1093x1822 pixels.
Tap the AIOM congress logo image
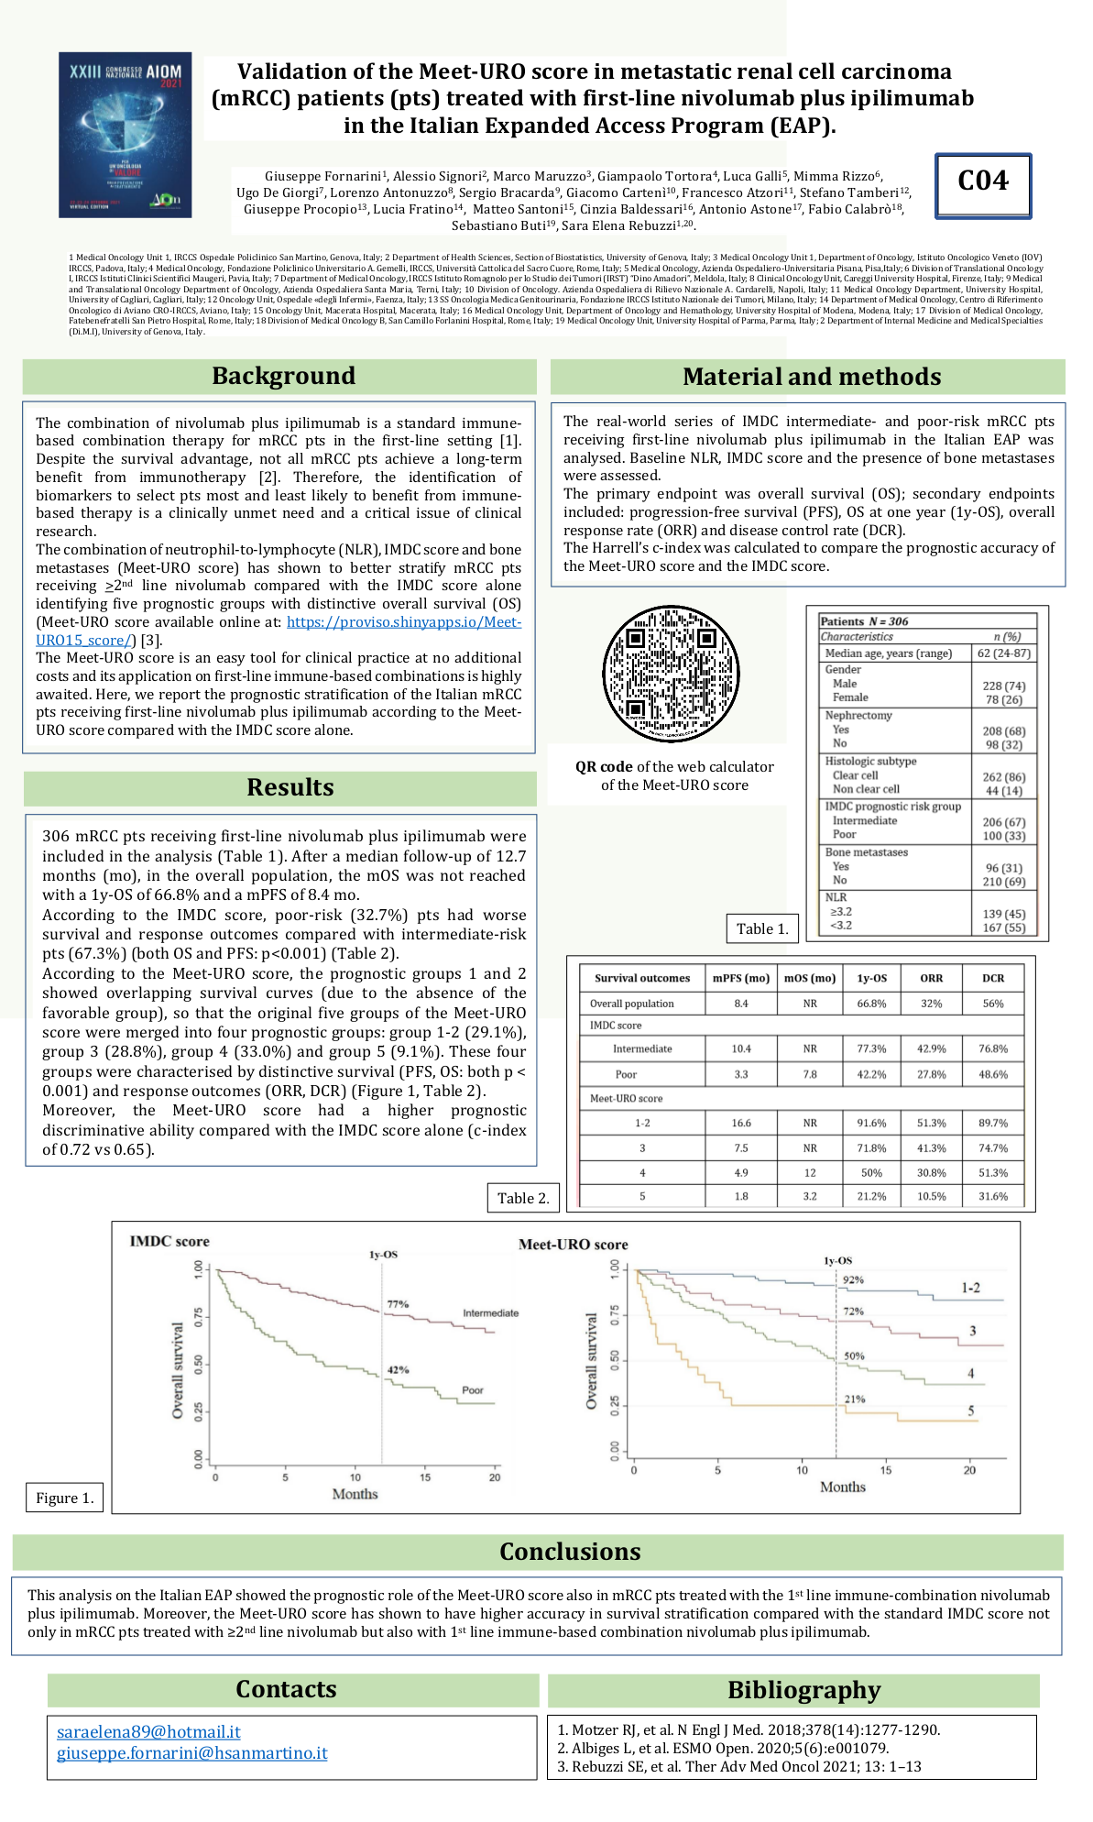[126, 135]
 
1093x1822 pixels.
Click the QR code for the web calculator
[671, 674]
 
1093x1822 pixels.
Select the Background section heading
[283, 377]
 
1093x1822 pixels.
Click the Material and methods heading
[811, 377]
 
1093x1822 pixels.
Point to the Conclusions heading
[569, 1552]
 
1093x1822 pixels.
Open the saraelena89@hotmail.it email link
[148, 1731]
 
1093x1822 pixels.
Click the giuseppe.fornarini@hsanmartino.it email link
[191, 1752]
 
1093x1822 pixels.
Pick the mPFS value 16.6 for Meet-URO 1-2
[741, 1123]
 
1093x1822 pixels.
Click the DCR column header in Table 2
[993, 978]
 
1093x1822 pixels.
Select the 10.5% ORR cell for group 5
[931, 1196]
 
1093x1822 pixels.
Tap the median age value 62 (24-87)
[1003, 653]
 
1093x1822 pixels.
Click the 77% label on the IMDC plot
[398, 1304]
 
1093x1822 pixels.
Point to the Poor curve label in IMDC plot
[473, 1390]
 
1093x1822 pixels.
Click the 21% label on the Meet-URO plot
[854, 1399]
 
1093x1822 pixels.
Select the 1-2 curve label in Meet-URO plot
[970, 1288]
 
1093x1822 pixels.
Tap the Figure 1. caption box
[64, 1498]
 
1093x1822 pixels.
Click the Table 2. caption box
[523, 1198]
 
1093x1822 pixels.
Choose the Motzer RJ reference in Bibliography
[749, 1729]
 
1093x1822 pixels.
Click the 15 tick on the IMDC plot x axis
[425, 1477]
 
